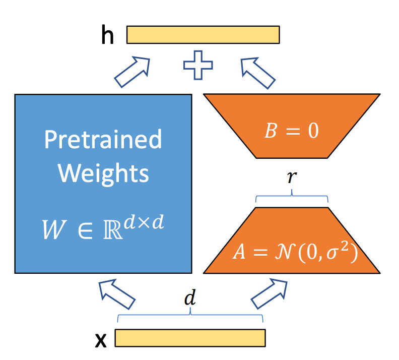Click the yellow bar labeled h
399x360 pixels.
[x=203, y=35]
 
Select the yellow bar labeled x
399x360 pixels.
[x=190, y=338]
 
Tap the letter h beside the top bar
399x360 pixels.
[x=107, y=34]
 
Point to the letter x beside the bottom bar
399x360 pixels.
[x=101, y=340]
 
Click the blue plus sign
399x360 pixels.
[x=198, y=65]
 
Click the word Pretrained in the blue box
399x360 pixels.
[x=103, y=139]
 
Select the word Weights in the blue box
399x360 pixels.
[x=103, y=173]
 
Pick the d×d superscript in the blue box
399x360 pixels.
[x=144, y=222]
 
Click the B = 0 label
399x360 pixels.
[x=292, y=131]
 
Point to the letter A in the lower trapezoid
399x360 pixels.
[x=239, y=252]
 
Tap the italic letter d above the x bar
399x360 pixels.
[x=190, y=297]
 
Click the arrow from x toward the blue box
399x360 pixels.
[x=117, y=294]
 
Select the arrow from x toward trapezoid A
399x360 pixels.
[x=269, y=294]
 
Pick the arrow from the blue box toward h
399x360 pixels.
[x=132, y=72]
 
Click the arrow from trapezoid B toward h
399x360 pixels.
[x=258, y=73]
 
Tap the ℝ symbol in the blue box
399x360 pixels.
[x=113, y=229]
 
